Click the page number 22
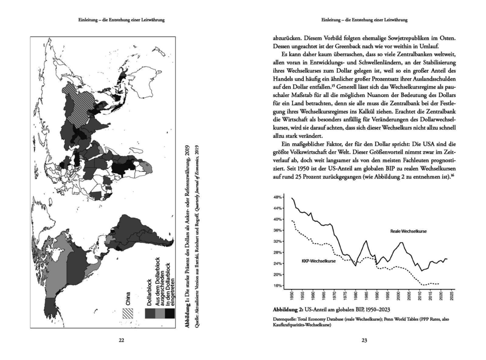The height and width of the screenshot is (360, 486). (x=121, y=340)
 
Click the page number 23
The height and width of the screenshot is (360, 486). (x=364, y=340)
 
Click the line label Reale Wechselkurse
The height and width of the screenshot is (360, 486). (x=408, y=231)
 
